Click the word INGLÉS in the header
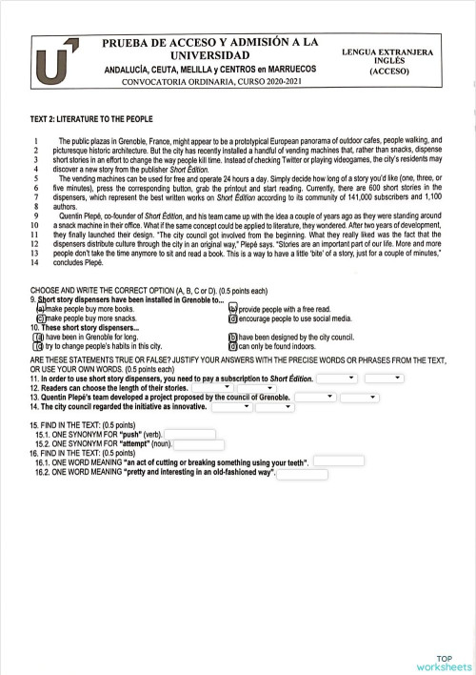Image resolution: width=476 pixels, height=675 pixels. tap(388, 59)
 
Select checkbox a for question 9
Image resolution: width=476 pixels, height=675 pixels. tap(40, 309)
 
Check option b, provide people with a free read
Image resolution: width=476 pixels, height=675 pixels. tap(233, 309)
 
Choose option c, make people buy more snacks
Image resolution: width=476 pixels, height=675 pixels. tap(40, 318)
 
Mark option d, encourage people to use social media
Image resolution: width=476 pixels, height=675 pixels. tap(233, 318)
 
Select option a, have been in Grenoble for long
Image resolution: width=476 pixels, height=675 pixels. tap(39, 337)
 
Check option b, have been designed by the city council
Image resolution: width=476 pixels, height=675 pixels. tap(233, 337)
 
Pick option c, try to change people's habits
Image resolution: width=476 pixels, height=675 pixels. tap(39, 347)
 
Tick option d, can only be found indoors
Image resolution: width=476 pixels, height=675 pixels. tap(233, 347)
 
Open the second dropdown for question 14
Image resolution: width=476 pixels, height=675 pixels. tap(276, 407)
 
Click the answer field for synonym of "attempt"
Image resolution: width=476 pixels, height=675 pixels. tap(199, 444)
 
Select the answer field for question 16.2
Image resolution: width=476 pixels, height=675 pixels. tap(302, 474)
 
